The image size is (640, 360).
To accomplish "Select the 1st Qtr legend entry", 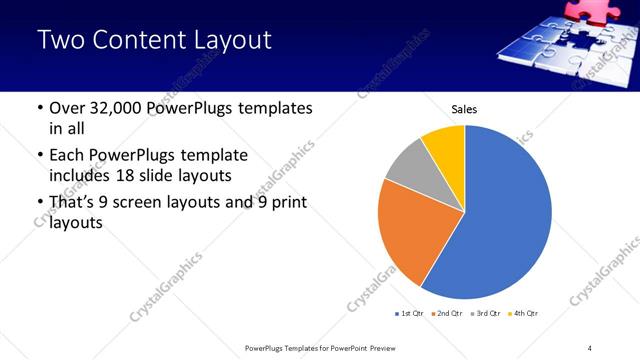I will [x=408, y=314].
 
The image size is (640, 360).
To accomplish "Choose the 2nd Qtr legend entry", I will [x=446, y=314].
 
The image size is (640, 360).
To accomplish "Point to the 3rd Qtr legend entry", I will [x=485, y=314].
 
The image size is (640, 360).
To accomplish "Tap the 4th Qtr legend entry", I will [x=523, y=314].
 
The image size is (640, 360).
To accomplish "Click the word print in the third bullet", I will [x=284, y=202].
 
